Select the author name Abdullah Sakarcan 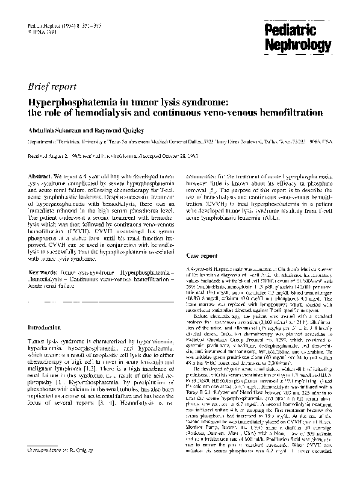pos(53,129)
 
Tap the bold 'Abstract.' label pos(40,175)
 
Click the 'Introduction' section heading pos(48,327)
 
